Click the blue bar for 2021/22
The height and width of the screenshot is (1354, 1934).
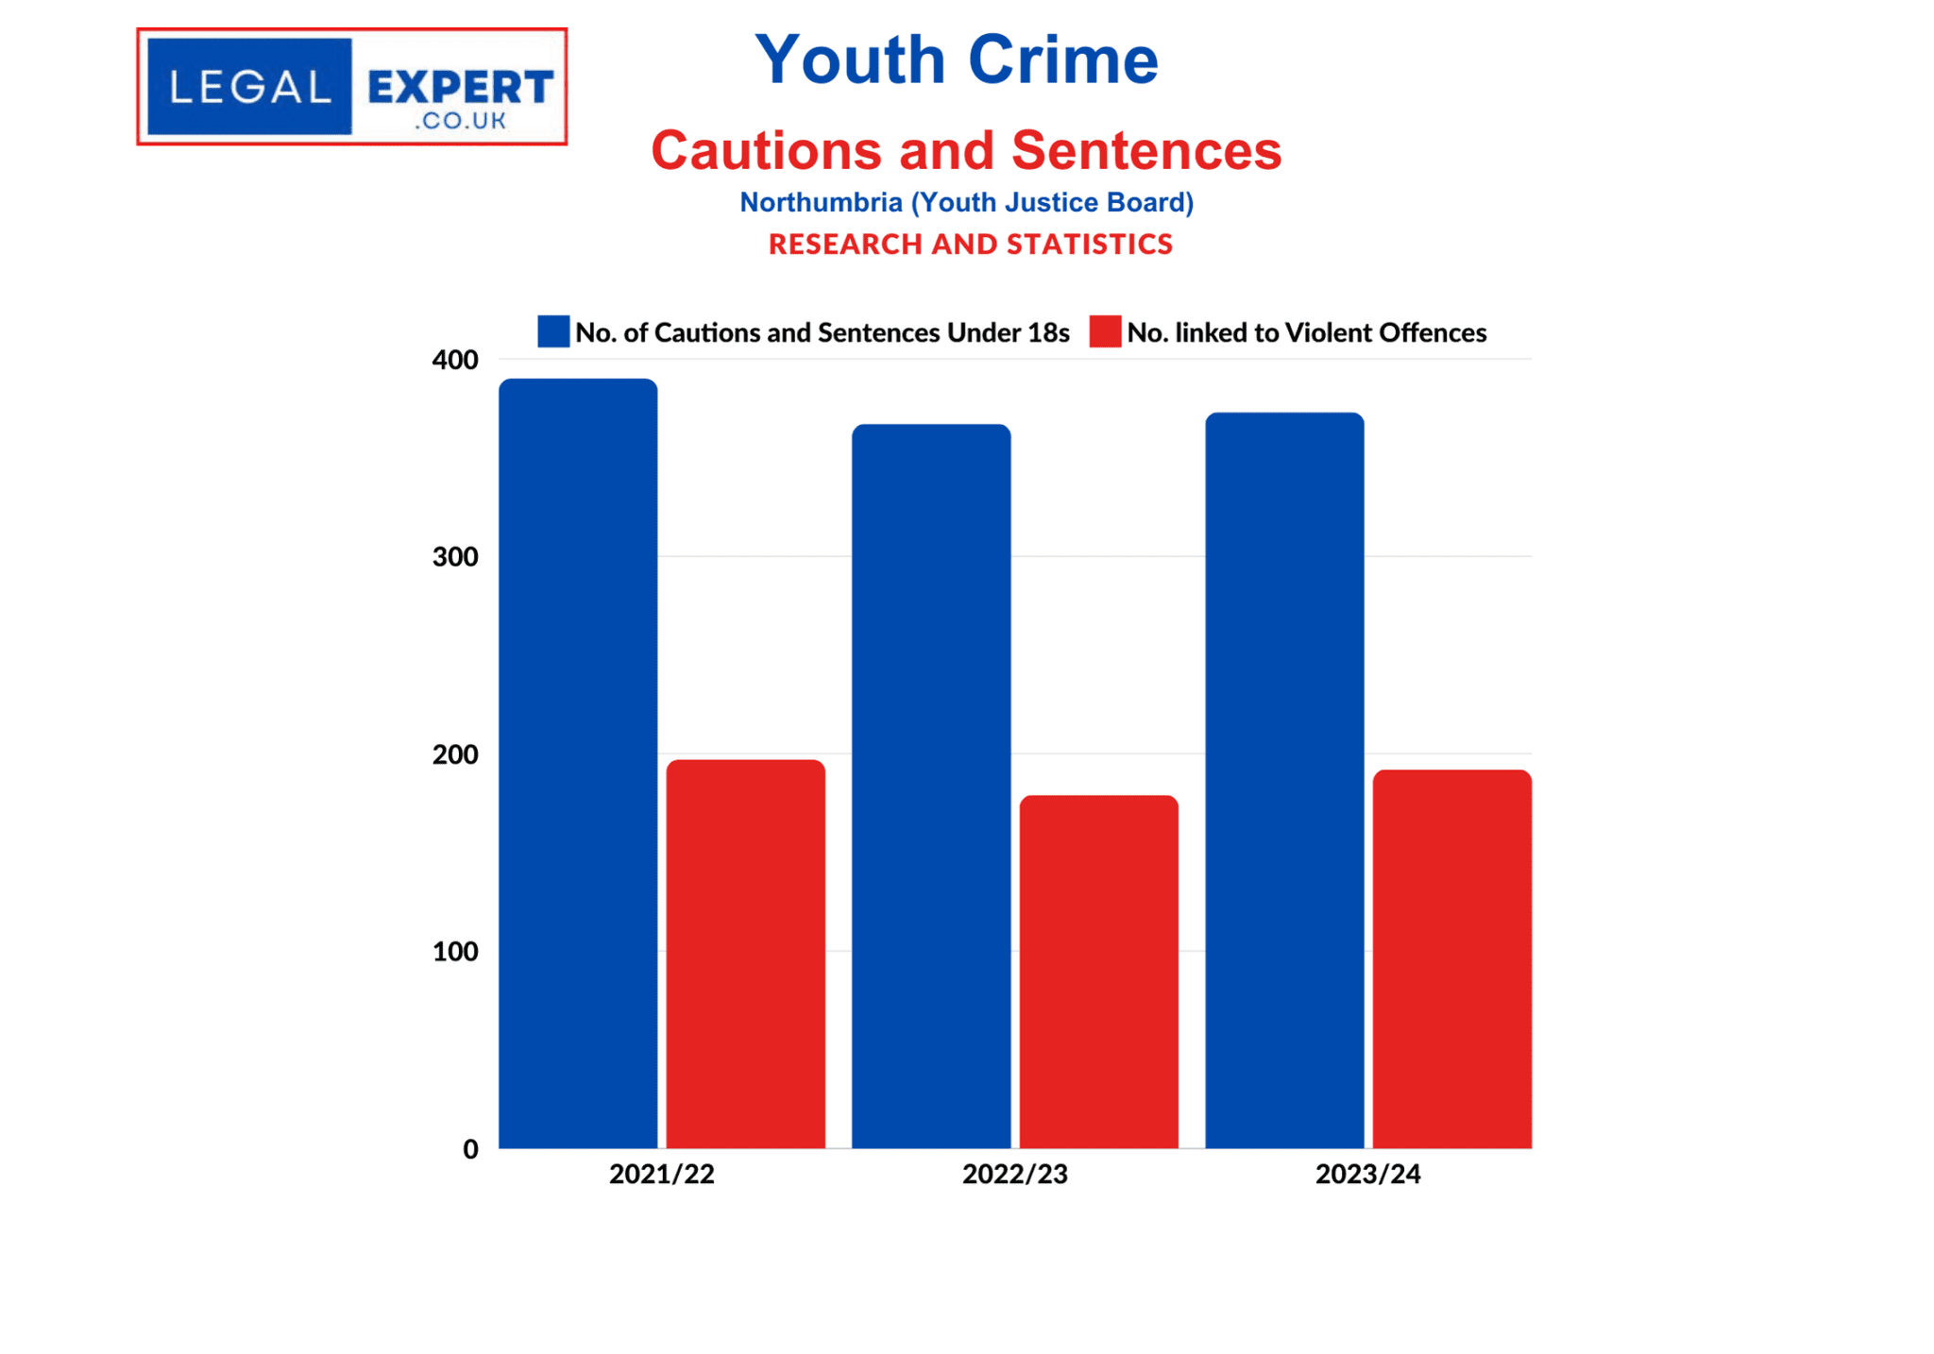(578, 763)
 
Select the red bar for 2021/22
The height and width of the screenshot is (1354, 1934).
(745, 954)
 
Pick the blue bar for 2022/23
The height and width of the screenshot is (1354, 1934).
(931, 786)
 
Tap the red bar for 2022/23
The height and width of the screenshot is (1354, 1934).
(1098, 972)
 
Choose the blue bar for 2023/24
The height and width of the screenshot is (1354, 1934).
(1284, 780)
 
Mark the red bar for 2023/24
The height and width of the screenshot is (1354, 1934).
(1451, 958)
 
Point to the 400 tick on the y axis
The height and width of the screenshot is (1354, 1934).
(455, 360)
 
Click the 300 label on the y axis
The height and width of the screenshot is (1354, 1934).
(455, 557)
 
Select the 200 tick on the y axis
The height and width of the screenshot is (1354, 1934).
(455, 754)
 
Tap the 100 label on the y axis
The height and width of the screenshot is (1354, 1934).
(455, 952)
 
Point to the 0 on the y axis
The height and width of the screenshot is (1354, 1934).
(470, 1149)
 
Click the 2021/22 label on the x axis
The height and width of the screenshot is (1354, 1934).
(661, 1174)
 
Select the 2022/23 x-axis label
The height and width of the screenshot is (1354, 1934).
(1014, 1174)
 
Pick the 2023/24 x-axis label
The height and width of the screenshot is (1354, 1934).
(1367, 1174)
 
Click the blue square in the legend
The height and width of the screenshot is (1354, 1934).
(553, 331)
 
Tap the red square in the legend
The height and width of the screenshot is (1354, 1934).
(1105, 331)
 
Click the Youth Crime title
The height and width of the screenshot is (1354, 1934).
(956, 59)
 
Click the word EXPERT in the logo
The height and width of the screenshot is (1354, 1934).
(460, 88)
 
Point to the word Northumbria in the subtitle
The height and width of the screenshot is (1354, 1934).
(821, 202)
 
